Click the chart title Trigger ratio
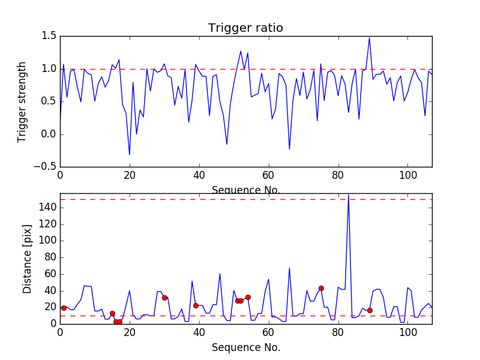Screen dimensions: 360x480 point(245,28)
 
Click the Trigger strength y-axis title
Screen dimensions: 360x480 point(22,101)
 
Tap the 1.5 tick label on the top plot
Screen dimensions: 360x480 point(49,37)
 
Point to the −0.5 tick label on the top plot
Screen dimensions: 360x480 point(46,167)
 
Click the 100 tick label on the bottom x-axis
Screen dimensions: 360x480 point(408,333)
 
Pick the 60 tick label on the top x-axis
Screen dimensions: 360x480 point(269,176)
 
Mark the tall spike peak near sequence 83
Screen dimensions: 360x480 point(349,194)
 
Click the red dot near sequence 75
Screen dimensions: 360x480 point(321,288)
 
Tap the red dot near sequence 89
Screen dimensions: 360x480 point(370,310)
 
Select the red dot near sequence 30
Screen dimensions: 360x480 point(164,298)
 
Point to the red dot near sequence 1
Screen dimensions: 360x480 point(64,308)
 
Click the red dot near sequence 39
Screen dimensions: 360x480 point(196,305)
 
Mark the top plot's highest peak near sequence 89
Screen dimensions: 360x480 point(370,38)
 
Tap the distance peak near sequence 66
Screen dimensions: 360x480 point(289,268)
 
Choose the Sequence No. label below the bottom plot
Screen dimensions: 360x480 point(245,347)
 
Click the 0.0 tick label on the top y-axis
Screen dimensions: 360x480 point(47,134)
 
